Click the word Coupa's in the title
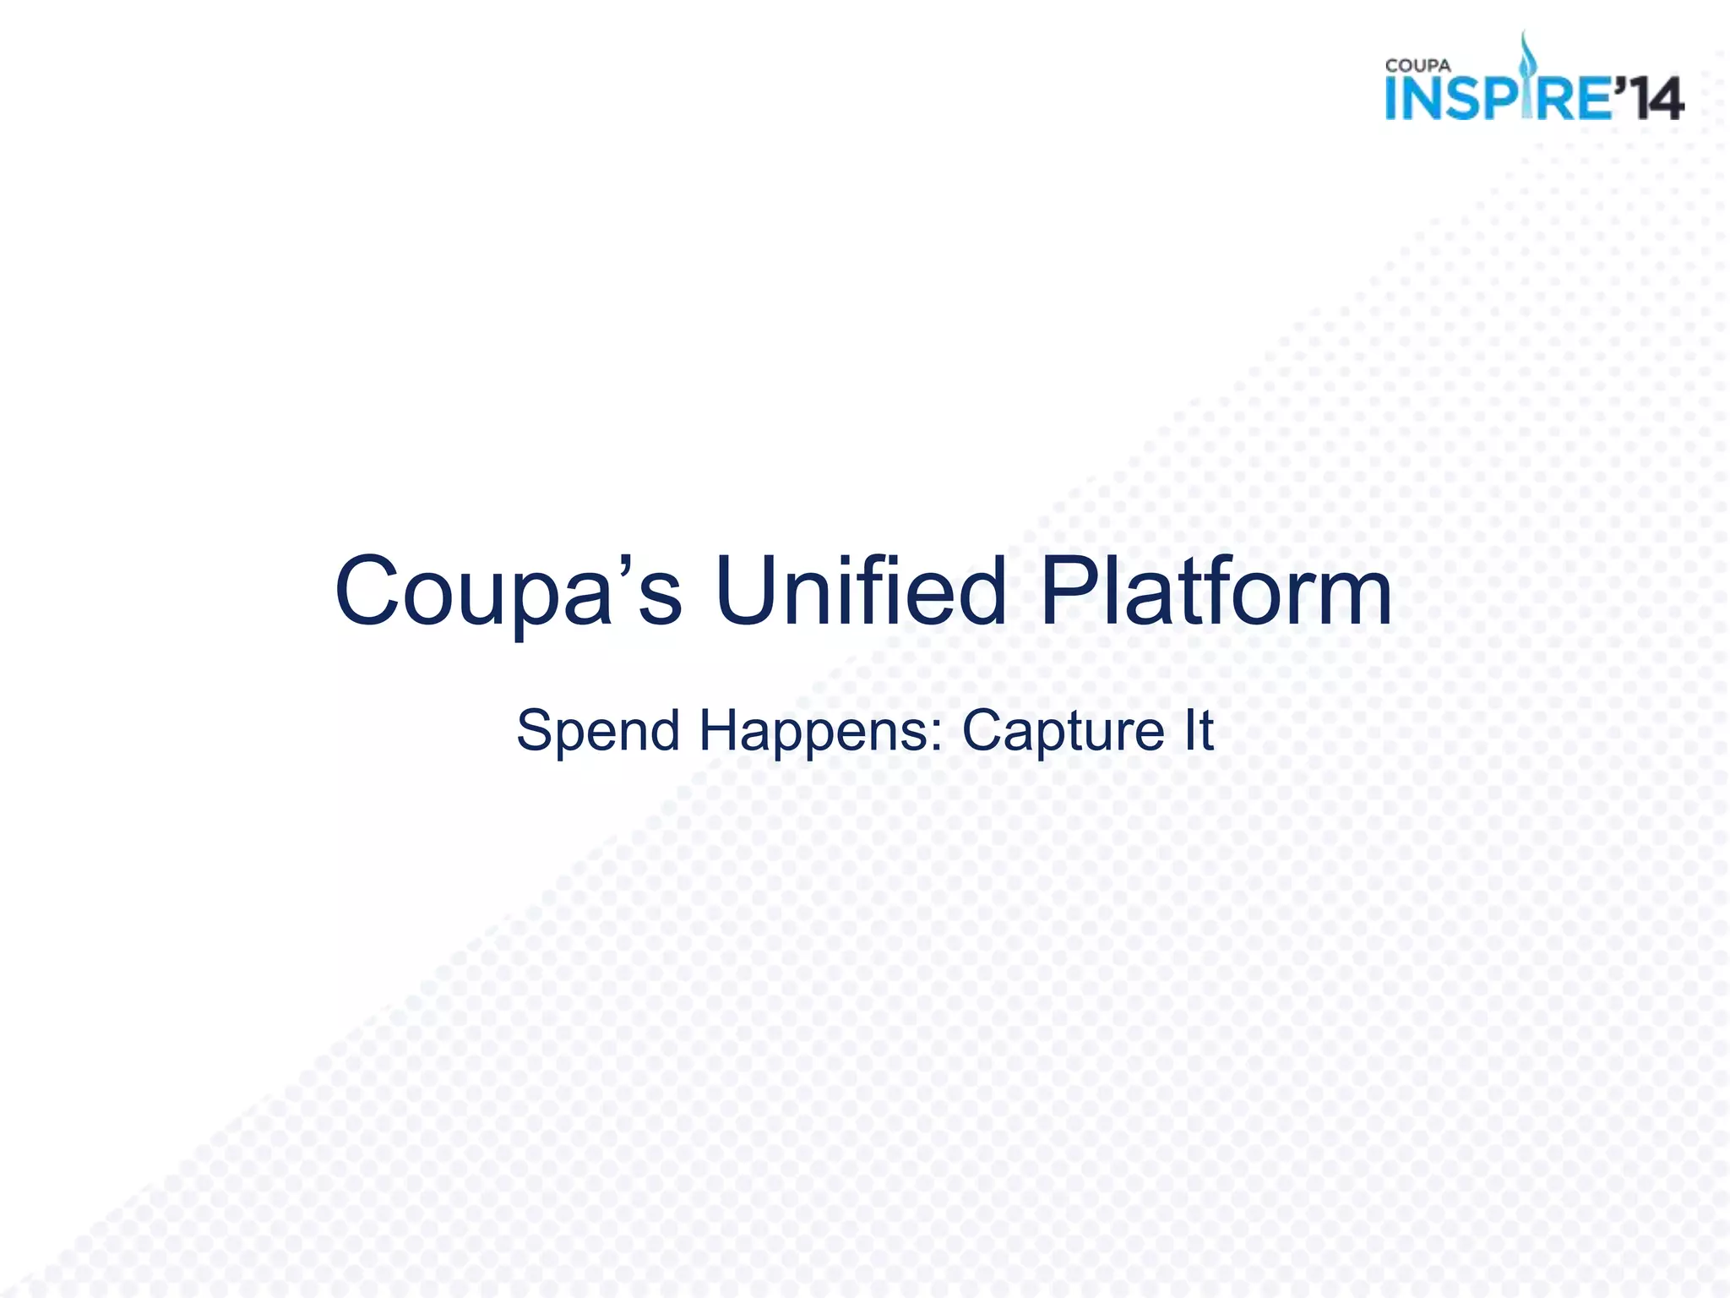pyautogui.click(x=508, y=591)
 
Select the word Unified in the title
pyautogui.click(x=861, y=591)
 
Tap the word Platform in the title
pyautogui.click(x=1216, y=591)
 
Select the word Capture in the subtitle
pyautogui.click(x=1064, y=731)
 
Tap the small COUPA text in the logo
pyautogui.click(x=1418, y=66)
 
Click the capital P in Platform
pyautogui.click(x=1068, y=591)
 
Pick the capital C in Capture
pyautogui.click(x=986, y=731)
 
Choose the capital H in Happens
pyautogui.click(x=723, y=731)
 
